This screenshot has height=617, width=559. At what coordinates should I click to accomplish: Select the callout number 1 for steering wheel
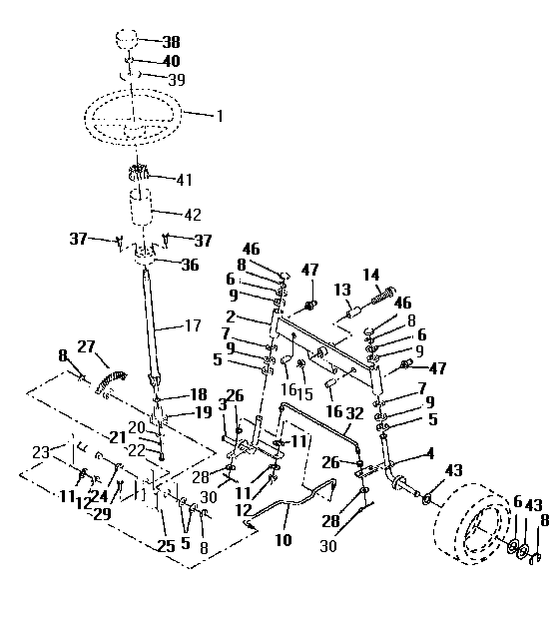click(220, 115)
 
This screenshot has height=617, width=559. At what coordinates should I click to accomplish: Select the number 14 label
click(371, 276)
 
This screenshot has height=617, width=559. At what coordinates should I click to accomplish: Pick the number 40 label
click(171, 62)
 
